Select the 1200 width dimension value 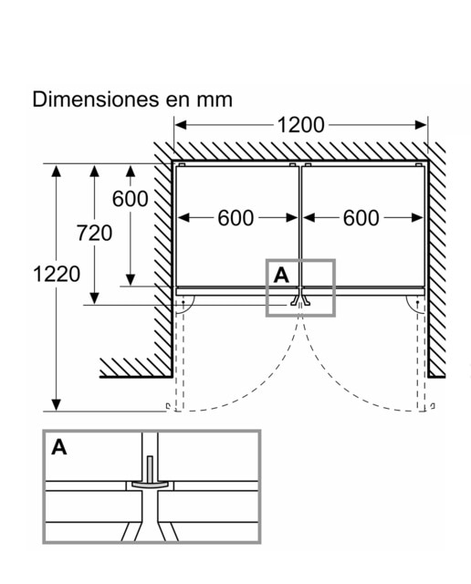coord(300,125)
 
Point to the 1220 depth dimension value coord(57,274)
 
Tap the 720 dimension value coord(94,234)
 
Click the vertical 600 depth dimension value coord(130,199)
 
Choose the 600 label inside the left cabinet coord(235,218)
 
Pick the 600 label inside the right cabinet coord(361,218)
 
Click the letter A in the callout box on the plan coord(281,276)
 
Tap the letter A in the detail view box coord(59,447)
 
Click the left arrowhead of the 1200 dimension coord(181,125)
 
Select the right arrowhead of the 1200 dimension coord(421,125)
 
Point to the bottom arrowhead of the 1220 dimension coord(57,405)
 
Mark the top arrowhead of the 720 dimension coord(95,172)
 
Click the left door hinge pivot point coord(183,302)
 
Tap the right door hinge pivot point coord(418,302)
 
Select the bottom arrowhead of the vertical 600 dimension coord(130,280)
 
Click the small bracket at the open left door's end coord(169,406)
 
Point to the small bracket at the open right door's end coord(433,406)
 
